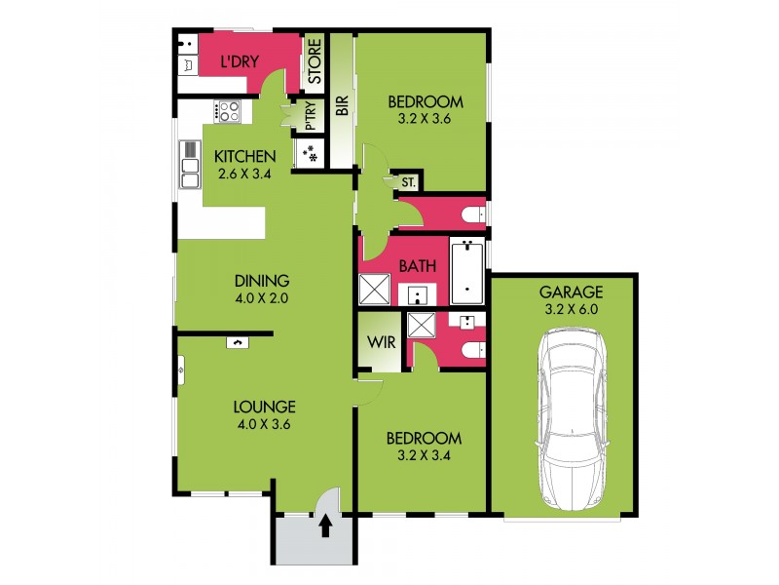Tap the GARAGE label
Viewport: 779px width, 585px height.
coord(572,292)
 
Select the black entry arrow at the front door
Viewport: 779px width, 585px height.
coord(325,526)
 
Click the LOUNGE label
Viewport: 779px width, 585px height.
coord(264,408)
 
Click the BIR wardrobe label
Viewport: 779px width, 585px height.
coord(341,105)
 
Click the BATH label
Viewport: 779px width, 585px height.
coord(417,265)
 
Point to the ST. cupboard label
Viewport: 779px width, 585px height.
coord(408,182)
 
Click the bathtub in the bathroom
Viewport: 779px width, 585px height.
coord(468,270)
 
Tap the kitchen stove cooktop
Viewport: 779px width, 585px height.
coord(228,111)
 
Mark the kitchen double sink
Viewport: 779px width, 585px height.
coord(189,164)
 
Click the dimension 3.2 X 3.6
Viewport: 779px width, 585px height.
coord(426,120)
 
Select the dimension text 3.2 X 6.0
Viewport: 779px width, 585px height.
coord(572,309)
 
